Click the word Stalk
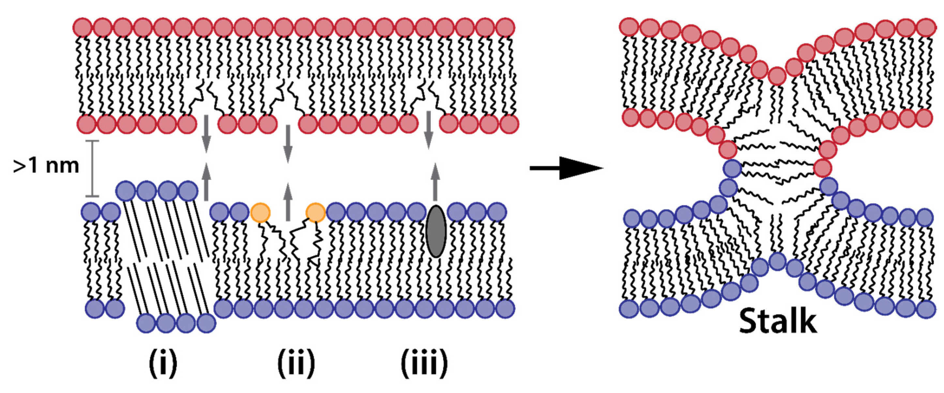(x=778, y=322)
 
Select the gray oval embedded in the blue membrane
(x=436, y=231)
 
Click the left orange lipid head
(x=260, y=212)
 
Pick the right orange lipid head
(x=315, y=212)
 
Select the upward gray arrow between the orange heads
(x=288, y=202)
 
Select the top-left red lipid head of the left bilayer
(x=83, y=27)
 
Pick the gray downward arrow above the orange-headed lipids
(x=288, y=144)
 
